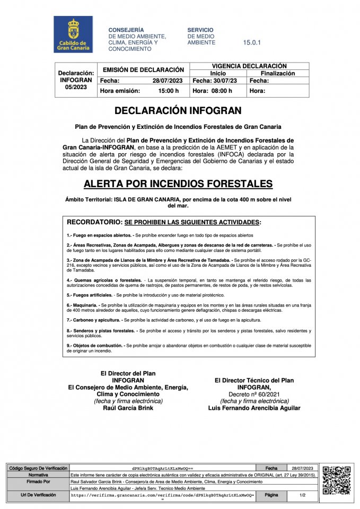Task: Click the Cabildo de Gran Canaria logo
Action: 73,34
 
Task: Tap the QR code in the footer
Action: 337,480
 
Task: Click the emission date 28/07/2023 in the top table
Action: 168,81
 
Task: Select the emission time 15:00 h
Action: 169,91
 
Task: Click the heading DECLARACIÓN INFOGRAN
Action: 178,111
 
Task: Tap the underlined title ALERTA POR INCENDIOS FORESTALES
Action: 178,184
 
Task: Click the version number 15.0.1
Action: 252,42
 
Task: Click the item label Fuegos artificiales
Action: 91,294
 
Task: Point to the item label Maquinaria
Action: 84,305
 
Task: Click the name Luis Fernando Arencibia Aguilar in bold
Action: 254,408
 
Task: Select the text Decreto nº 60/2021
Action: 254,394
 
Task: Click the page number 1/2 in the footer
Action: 302,495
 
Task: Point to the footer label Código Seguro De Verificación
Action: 38,469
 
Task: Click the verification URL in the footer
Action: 162,495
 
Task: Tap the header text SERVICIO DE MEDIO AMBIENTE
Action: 201,36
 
